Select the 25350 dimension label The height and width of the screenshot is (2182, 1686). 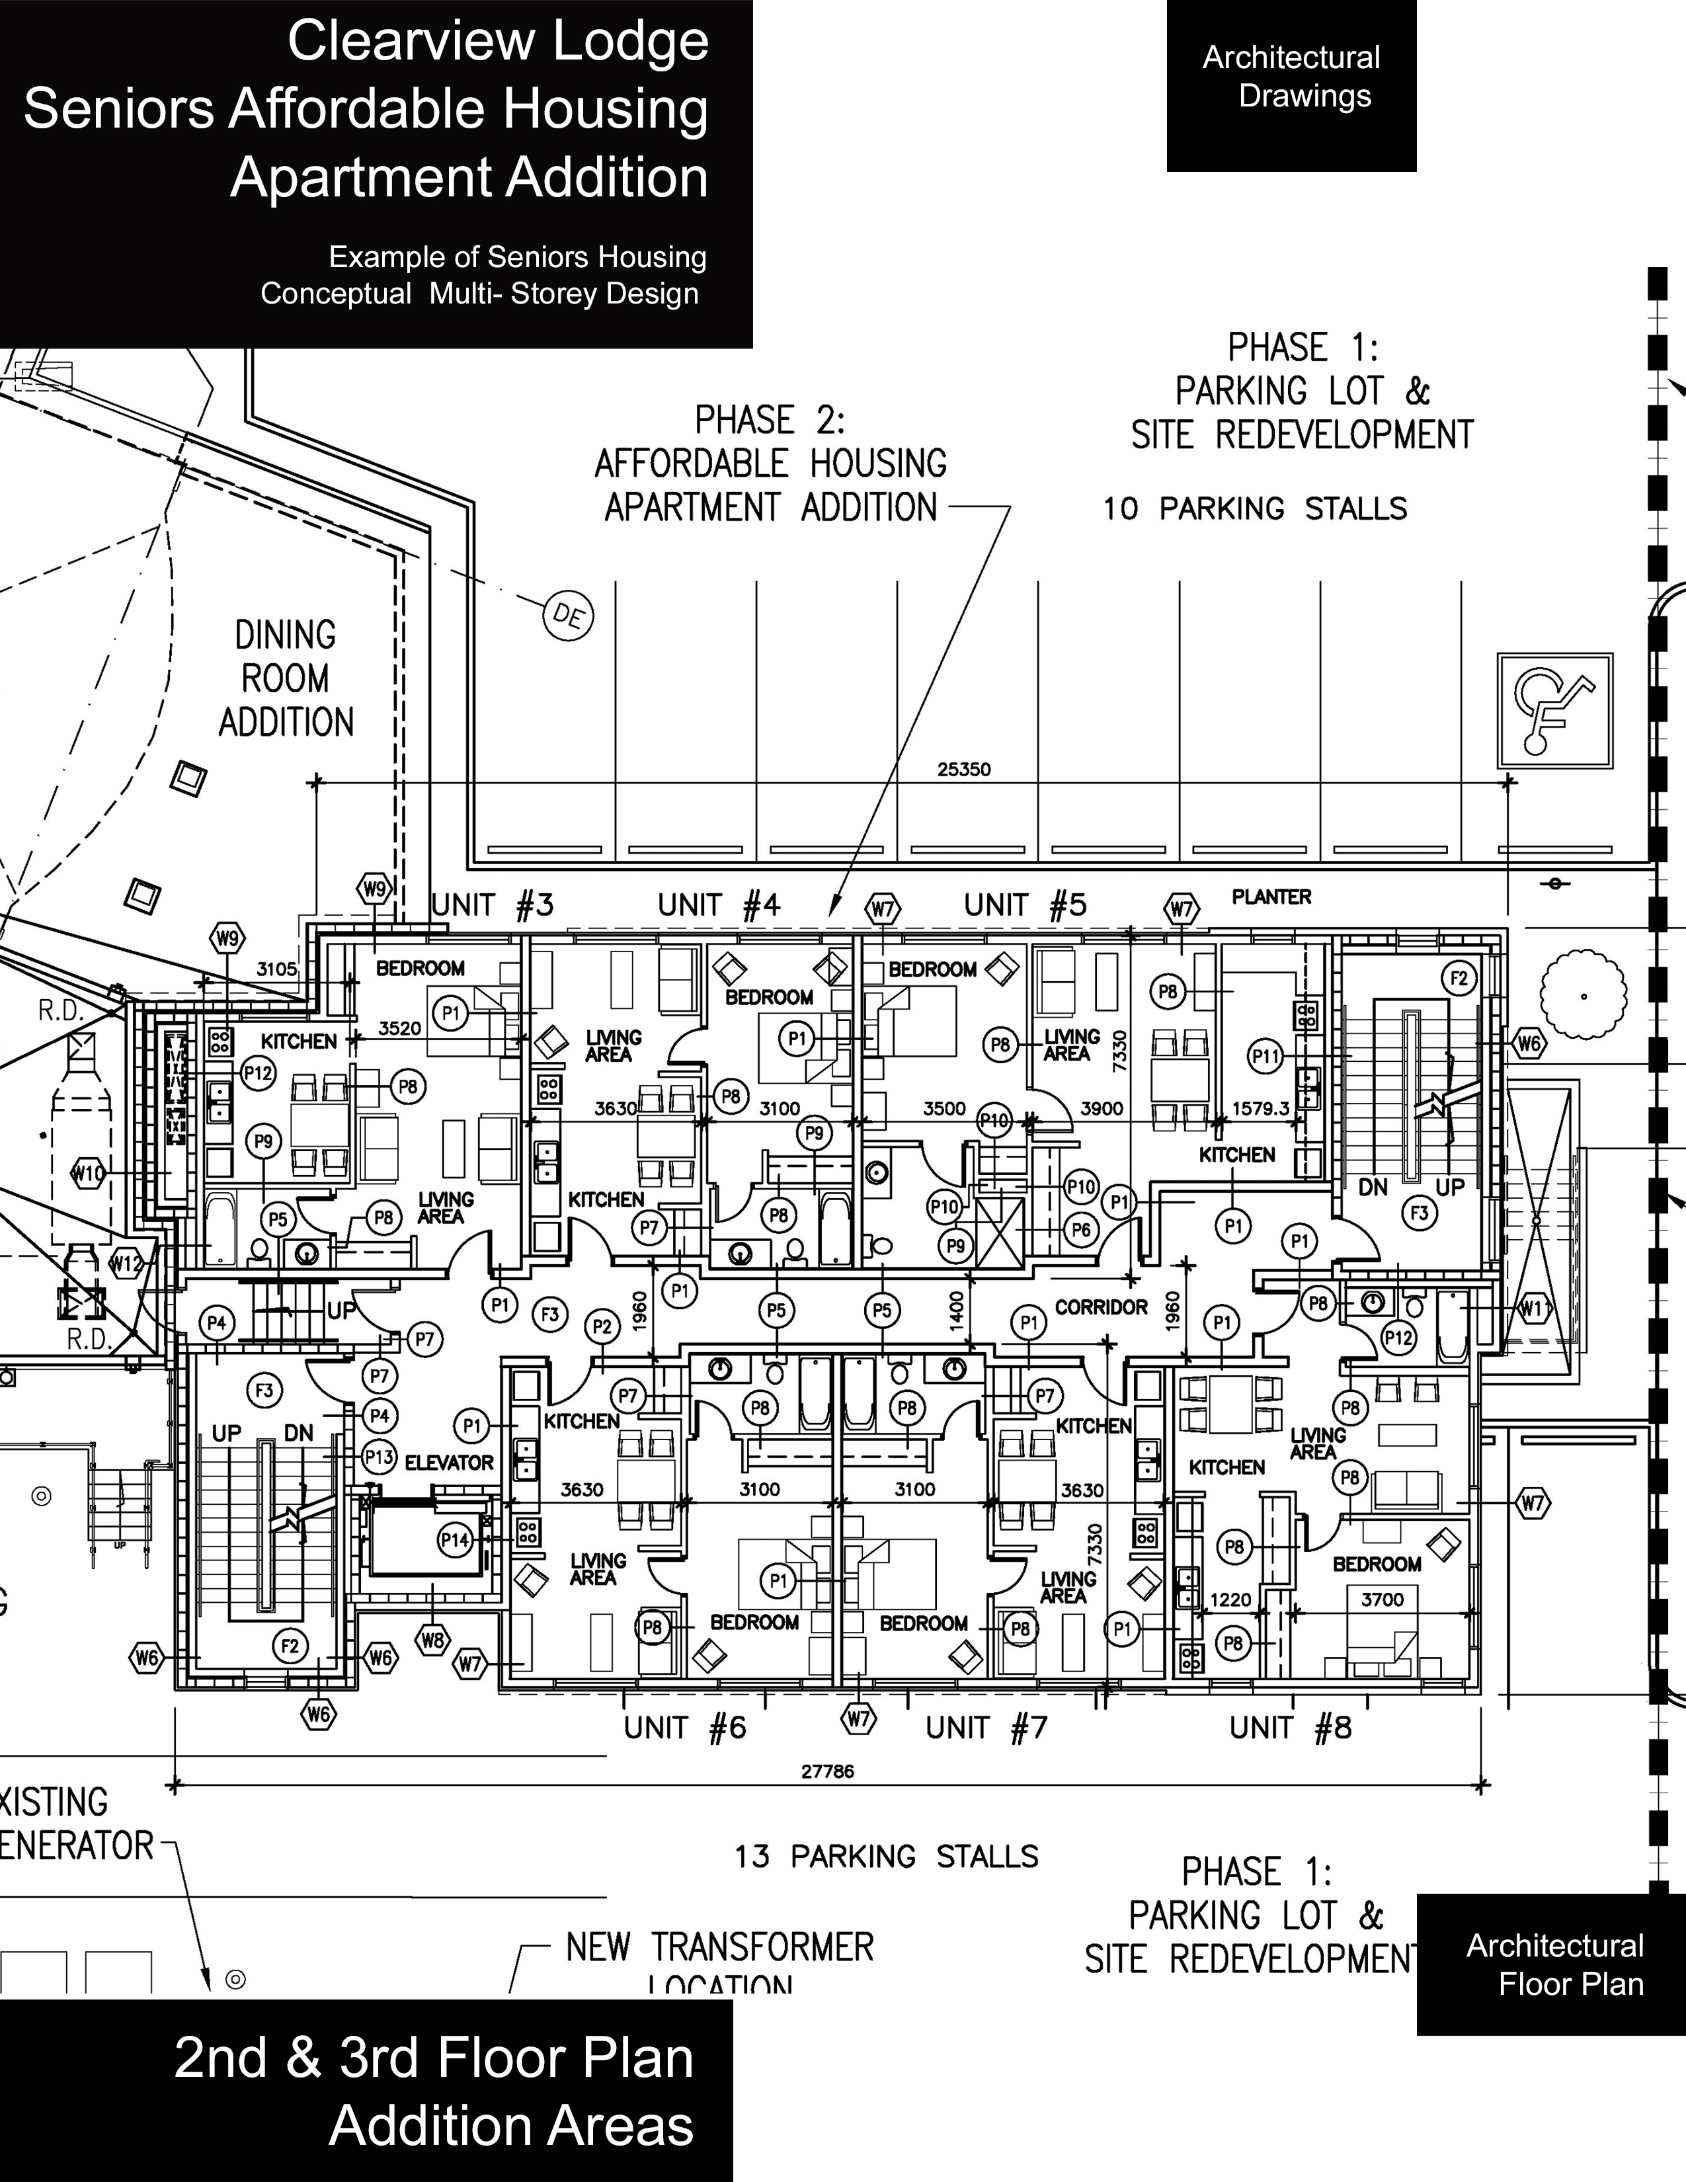tap(964, 769)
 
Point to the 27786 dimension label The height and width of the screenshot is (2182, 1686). tap(828, 1771)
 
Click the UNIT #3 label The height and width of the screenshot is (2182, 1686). tap(493, 905)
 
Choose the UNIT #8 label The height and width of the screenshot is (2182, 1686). tap(1291, 1727)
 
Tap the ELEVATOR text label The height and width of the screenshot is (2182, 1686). tap(448, 1463)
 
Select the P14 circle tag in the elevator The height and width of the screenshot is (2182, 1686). tap(456, 1539)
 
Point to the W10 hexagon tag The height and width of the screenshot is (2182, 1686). tap(88, 1173)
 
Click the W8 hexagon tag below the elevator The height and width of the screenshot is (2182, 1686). tap(432, 1640)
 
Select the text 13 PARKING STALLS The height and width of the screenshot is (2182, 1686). tap(887, 1856)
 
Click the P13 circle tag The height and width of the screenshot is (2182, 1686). tap(380, 1457)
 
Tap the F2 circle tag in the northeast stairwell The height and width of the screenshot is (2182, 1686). tap(1459, 978)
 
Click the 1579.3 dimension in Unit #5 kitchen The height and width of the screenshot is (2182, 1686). tap(1260, 1108)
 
